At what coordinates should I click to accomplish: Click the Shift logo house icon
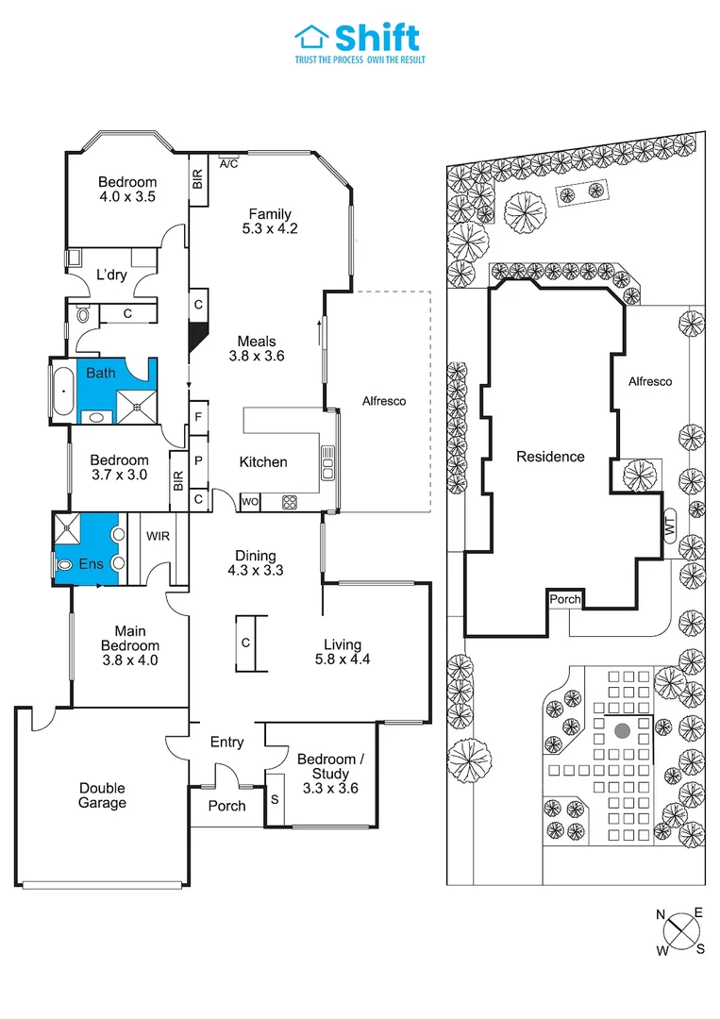(310, 36)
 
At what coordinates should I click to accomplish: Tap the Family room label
(270, 214)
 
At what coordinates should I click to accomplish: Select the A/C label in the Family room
(228, 163)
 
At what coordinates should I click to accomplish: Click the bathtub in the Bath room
(63, 387)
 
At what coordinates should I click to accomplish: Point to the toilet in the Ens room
(65, 564)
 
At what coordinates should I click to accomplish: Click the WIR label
(157, 535)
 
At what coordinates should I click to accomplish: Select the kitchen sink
(327, 463)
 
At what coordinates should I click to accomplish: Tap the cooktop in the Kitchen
(289, 502)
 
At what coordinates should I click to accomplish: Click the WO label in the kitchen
(250, 502)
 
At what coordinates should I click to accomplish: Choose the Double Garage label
(102, 795)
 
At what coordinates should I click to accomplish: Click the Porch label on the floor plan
(226, 805)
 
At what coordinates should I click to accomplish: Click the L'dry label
(112, 275)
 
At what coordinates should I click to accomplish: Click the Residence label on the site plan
(550, 457)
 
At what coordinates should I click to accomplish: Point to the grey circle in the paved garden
(621, 730)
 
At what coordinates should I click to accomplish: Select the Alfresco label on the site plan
(651, 381)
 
